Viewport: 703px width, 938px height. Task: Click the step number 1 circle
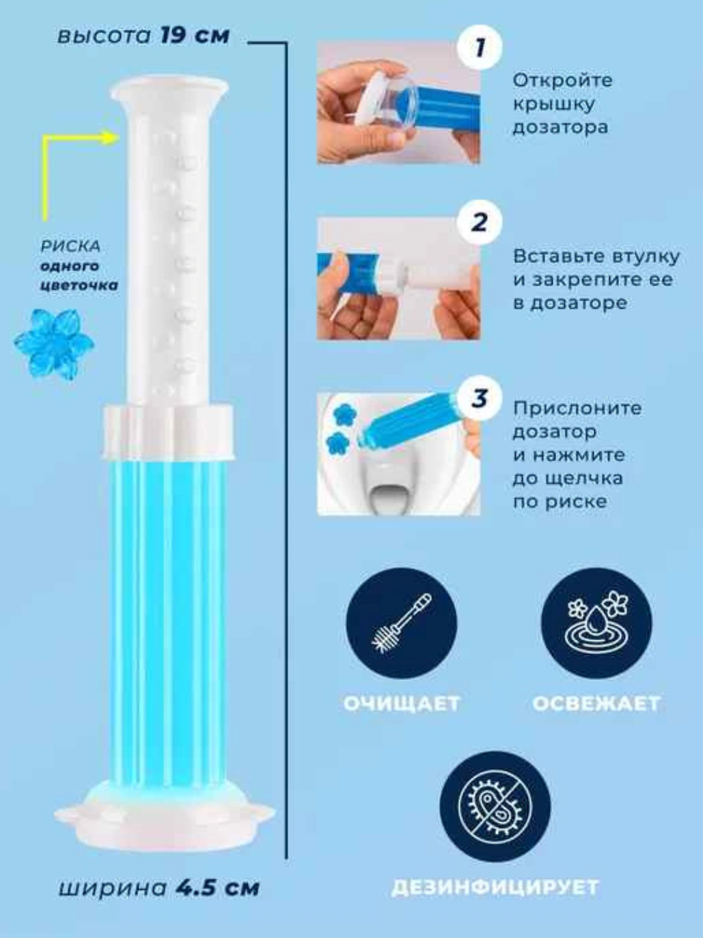tap(479, 48)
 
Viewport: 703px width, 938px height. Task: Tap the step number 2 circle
tap(479, 223)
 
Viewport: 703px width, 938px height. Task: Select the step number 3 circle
tap(479, 398)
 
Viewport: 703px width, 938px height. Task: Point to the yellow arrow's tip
tap(118, 137)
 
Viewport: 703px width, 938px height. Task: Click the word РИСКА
tap(71, 247)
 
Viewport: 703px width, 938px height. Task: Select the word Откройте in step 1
tap(562, 81)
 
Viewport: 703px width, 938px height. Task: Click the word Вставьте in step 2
tap(558, 257)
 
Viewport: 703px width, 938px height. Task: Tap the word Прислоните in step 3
tap(577, 408)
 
